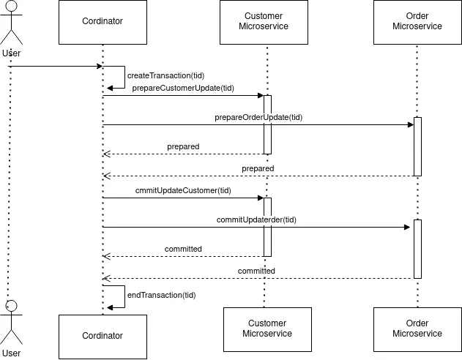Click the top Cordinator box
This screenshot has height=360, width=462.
point(103,23)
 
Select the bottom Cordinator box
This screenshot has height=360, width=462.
point(103,337)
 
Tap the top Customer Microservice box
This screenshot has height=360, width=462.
point(264,23)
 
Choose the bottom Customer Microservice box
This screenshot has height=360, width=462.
point(267,329)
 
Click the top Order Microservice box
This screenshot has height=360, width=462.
point(417,23)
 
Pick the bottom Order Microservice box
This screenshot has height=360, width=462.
point(417,329)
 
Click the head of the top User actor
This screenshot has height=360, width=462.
point(11,6)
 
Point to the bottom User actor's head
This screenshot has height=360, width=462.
point(11,306)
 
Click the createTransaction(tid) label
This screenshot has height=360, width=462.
point(165,75)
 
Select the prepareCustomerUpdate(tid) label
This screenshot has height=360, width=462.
point(183,88)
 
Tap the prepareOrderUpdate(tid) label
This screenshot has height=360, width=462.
point(258,118)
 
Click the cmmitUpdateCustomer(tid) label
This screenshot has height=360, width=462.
point(183,190)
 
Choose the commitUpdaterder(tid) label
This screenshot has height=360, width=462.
point(256,220)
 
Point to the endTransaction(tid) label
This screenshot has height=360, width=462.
point(162,295)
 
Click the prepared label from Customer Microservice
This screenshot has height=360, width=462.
point(183,146)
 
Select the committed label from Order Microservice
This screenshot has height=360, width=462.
point(256,271)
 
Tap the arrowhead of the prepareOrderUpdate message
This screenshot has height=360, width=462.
point(411,125)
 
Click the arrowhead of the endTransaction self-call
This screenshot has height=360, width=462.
point(110,307)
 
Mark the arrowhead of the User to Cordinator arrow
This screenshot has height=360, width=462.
point(100,67)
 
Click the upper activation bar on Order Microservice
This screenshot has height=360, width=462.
point(417,146)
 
